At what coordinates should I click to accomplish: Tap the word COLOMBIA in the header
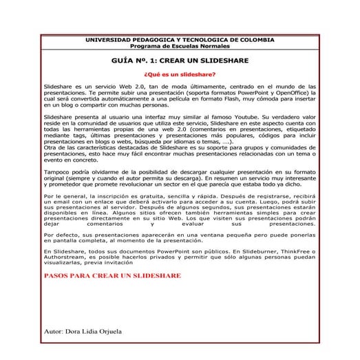pos(253,39)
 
